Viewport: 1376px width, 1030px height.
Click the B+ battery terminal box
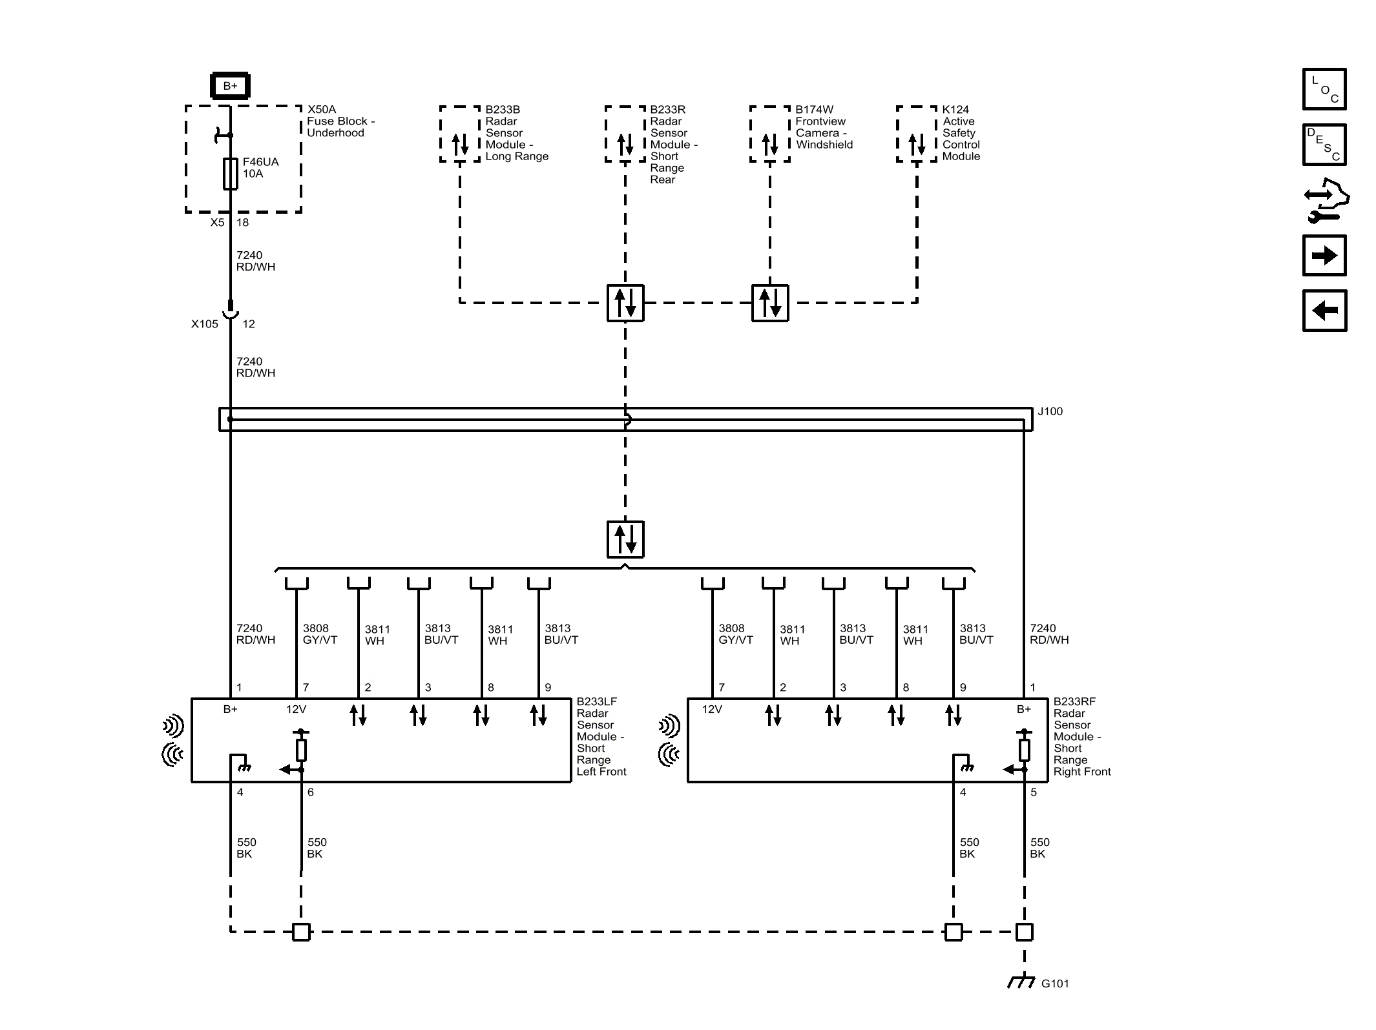pos(230,86)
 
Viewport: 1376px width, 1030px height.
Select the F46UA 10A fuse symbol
pos(230,173)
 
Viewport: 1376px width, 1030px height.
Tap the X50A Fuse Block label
pos(340,121)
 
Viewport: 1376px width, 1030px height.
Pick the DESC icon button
pos(1324,145)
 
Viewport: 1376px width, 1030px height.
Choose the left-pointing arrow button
pos(1324,311)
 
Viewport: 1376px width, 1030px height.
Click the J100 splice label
pos(1050,411)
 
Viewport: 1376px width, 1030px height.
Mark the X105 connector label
pos(204,324)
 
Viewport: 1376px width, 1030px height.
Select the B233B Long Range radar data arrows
pos(460,144)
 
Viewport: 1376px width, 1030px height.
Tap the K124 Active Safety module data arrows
pos(917,144)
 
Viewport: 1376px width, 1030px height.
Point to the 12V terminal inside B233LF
pos(296,709)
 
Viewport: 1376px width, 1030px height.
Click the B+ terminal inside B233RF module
pos(1024,709)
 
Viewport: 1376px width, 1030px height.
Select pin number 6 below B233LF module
pos(311,792)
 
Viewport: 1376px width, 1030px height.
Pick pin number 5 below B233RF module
pos(1034,792)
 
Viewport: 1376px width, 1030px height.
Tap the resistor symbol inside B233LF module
pos(301,750)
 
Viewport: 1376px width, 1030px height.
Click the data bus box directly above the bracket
pos(625,539)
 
